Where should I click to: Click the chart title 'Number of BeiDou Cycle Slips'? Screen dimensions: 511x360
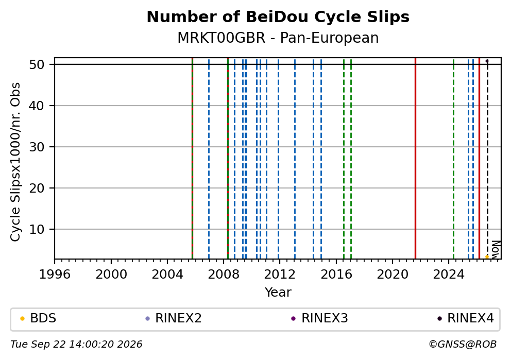pyautogui.click(x=278, y=17)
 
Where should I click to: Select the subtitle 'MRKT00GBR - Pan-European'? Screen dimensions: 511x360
pyautogui.click(x=278, y=38)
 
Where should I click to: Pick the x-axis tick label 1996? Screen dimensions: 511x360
pyautogui.click(x=55, y=275)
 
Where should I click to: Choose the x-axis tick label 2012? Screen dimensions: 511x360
pyautogui.click(x=279, y=275)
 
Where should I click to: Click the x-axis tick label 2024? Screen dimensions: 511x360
pyautogui.click(x=449, y=275)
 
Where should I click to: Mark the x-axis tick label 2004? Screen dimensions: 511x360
pyautogui.click(x=167, y=275)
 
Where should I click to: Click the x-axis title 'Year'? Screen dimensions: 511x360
pyautogui.click(x=278, y=292)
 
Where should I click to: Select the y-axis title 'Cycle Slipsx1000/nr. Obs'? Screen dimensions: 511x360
pyautogui.click(x=15, y=162)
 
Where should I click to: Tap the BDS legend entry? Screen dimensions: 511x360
pyautogui.click(x=39, y=318)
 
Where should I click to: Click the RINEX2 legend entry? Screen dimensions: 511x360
pyautogui.click(x=174, y=318)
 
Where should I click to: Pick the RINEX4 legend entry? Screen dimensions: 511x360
pyautogui.click(x=466, y=318)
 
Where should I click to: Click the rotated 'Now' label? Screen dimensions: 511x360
pyautogui.click(x=496, y=250)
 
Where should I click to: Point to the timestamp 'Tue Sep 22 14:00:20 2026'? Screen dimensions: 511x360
pyautogui.click(x=76, y=345)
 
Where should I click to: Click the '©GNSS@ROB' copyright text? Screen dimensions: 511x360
pyautogui.click(x=463, y=345)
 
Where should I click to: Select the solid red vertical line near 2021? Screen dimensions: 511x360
pyautogui.click(x=416, y=158)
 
